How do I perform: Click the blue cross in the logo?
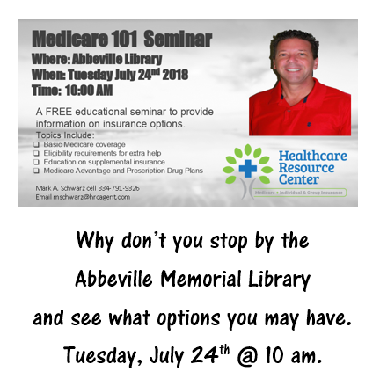point(248,167)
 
